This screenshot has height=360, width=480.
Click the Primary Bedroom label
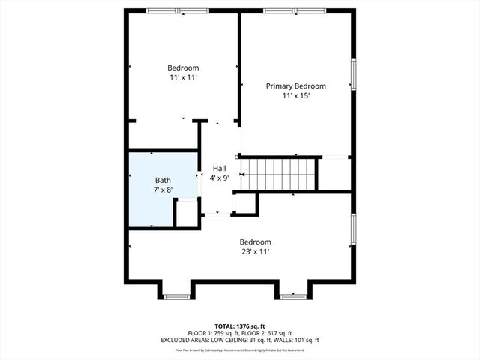pos(296,86)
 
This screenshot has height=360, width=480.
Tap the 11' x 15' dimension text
pos(296,96)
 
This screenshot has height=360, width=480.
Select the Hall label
pos(219,168)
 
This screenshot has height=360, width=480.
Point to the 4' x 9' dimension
pos(219,178)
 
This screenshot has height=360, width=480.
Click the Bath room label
pos(163,181)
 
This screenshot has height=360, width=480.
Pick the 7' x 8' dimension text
pos(163,190)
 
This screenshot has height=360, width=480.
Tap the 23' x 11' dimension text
pos(255,251)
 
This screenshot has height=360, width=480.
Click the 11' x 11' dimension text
pos(183,76)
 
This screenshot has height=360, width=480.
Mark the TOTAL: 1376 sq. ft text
pos(239,326)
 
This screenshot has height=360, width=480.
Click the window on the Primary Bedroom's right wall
pos(353,74)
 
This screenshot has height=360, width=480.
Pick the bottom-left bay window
pos(176,297)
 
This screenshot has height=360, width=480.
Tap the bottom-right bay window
pos(292,297)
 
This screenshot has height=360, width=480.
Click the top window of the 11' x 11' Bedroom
pos(166,10)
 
